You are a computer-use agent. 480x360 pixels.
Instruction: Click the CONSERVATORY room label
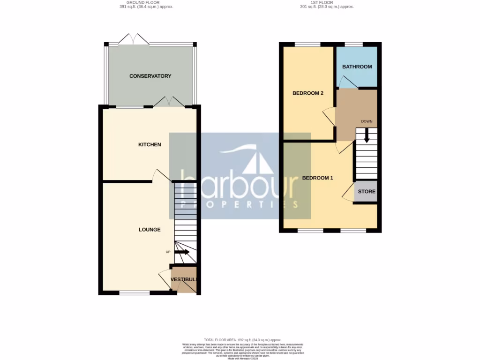point(150,76)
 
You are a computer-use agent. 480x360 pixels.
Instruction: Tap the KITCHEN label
point(150,144)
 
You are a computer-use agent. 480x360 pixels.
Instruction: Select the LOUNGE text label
point(150,230)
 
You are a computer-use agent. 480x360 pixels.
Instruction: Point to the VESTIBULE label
point(183,280)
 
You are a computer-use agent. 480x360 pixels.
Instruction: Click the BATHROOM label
point(357,67)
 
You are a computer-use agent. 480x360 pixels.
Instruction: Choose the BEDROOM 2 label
point(308,93)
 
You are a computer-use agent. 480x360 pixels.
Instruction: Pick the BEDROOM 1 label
point(317,178)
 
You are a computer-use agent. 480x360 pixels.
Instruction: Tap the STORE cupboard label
point(366,192)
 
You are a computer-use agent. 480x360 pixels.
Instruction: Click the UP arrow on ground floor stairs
point(182,252)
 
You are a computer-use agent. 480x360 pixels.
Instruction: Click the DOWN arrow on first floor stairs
point(367,136)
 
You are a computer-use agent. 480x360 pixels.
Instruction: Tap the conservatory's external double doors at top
point(134,40)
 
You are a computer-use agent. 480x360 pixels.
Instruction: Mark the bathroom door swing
point(347,83)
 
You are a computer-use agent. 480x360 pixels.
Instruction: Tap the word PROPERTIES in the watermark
point(240,204)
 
